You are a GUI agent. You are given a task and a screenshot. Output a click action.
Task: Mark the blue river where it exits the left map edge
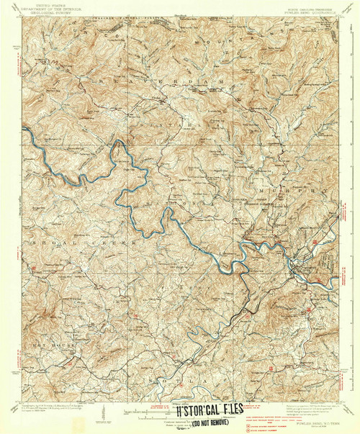[x=24, y=130]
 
